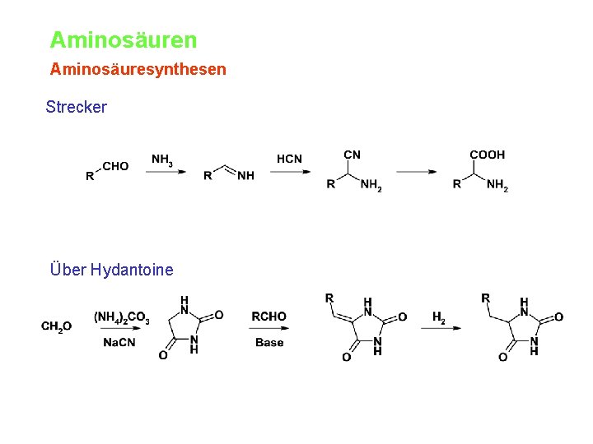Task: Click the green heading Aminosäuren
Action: pyautogui.click(x=124, y=39)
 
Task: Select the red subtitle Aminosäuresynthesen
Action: pyautogui.click(x=138, y=69)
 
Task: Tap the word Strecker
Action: pyautogui.click(x=77, y=107)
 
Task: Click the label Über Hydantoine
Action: pyautogui.click(x=111, y=270)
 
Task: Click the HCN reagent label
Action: pyautogui.click(x=289, y=159)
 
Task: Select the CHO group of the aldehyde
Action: pyautogui.click(x=115, y=166)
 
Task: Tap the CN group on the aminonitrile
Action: pyautogui.click(x=352, y=155)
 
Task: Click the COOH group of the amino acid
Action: pyautogui.click(x=487, y=155)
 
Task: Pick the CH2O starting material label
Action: pyautogui.click(x=57, y=326)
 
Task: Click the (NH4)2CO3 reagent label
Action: pyautogui.click(x=122, y=317)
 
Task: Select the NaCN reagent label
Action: pyautogui.click(x=119, y=342)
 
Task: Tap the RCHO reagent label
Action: pyautogui.click(x=269, y=317)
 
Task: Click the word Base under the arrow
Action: pyautogui.click(x=269, y=342)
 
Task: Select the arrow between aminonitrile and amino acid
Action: pyautogui.click(x=417, y=172)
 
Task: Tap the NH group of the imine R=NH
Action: pyautogui.click(x=245, y=175)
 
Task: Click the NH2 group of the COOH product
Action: pyautogui.click(x=497, y=186)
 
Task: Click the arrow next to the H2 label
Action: pyautogui.click(x=441, y=329)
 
